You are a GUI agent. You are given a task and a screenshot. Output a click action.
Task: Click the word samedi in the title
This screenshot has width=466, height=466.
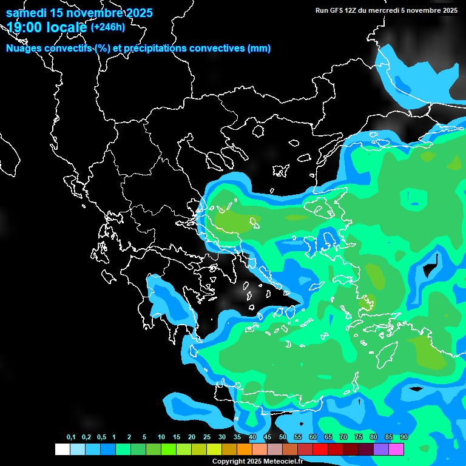[x=27, y=13]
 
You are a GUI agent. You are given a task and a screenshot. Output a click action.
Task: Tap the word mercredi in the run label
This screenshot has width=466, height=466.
[x=388, y=10]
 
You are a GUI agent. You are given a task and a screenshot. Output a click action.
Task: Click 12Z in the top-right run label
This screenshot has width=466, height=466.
[x=351, y=10]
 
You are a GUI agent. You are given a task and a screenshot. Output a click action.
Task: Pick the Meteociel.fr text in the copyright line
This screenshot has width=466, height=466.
[x=282, y=462]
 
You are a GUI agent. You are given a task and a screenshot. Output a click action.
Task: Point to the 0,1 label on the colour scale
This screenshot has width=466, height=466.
[x=71, y=437]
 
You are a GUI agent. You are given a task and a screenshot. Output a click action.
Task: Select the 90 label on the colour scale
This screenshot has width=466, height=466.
[x=404, y=437]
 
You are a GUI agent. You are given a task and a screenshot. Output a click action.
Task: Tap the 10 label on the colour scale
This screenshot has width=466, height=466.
[x=161, y=437]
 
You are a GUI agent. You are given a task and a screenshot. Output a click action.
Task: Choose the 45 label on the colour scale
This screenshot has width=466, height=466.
[x=268, y=437]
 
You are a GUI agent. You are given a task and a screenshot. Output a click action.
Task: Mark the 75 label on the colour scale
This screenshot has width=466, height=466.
[x=358, y=437]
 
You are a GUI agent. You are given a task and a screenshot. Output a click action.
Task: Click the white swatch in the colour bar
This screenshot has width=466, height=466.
[x=62, y=449]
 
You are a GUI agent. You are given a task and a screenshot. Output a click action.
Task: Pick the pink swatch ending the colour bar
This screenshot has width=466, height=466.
[x=396, y=449]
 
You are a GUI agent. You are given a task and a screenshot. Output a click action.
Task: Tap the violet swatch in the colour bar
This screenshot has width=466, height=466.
[x=381, y=449]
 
